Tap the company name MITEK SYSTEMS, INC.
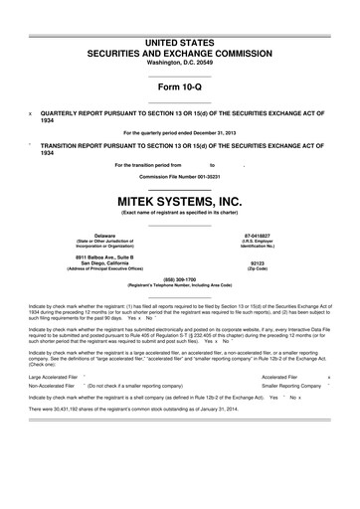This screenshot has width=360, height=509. (x=180, y=200)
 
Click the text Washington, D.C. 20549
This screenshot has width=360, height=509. (x=180, y=61)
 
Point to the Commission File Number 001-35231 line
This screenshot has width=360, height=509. (x=180, y=176)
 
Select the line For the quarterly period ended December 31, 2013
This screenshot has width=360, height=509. (x=180, y=132)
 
